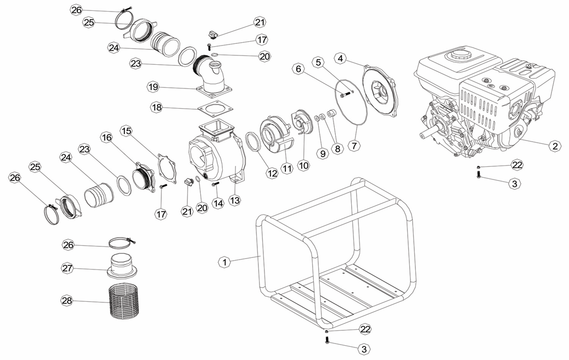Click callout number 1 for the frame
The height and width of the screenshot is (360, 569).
[224, 262]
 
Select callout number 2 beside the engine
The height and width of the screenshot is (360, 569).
[554, 146]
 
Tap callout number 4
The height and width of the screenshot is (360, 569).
[340, 58]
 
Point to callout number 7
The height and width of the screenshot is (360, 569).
[354, 145]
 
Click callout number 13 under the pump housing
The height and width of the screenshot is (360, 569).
[235, 200]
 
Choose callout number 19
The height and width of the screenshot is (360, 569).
[153, 87]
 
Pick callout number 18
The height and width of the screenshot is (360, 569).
[157, 108]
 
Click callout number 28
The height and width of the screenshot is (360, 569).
[67, 301]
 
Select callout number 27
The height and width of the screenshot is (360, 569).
[67, 268]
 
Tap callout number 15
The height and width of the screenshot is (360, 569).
[126, 131]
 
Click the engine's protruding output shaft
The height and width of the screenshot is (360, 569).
[430, 131]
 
